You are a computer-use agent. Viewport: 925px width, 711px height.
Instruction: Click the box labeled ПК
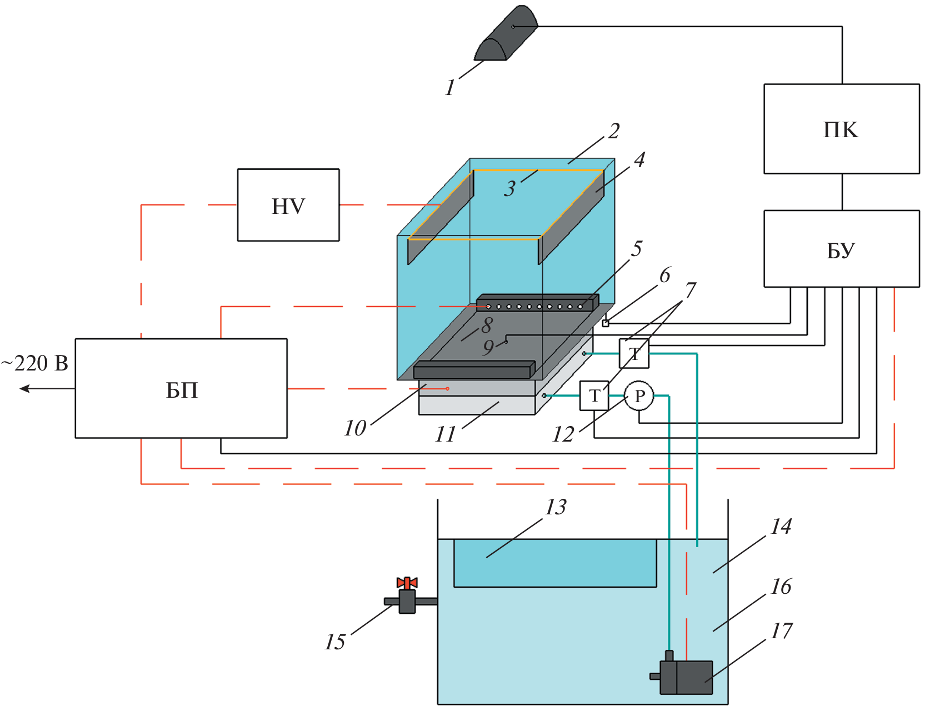[841, 129]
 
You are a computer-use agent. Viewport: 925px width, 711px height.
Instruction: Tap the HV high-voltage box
[288, 205]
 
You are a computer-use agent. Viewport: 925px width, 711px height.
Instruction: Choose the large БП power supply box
[181, 388]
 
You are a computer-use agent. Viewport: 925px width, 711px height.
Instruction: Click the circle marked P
[639, 396]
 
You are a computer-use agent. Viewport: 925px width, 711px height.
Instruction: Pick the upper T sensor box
[634, 353]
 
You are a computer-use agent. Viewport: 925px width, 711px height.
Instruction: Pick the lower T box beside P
[594, 396]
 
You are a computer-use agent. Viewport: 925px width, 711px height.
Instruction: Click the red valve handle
[407, 583]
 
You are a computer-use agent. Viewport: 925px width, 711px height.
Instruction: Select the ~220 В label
[34, 363]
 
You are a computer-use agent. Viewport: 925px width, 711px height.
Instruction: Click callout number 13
[556, 507]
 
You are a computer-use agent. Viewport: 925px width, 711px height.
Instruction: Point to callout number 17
[781, 631]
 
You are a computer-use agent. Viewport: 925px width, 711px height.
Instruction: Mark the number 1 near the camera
[450, 88]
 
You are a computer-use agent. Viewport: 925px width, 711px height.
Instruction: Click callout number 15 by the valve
[335, 642]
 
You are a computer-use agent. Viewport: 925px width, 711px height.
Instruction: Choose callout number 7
[690, 289]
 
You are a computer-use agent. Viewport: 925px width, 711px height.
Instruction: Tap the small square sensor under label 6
[606, 323]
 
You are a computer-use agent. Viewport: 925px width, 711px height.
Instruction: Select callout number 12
[563, 434]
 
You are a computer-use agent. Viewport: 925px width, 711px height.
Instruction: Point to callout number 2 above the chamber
[613, 131]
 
